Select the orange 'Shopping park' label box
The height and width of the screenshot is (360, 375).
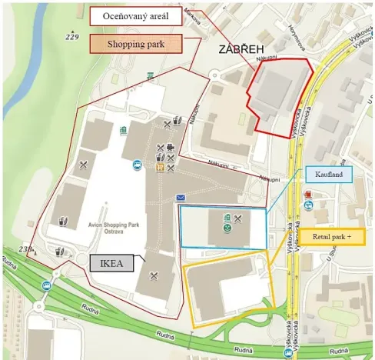tap(136, 43)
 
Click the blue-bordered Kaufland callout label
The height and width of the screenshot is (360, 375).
tap(328, 175)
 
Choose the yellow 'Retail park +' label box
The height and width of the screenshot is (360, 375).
tap(337, 236)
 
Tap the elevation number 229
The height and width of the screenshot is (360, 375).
tap(73, 37)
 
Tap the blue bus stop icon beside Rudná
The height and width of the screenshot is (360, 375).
tap(47, 285)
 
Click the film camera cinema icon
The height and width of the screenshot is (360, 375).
tap(170, 147)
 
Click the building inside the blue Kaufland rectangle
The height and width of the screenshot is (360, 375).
tap(227, 228)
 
